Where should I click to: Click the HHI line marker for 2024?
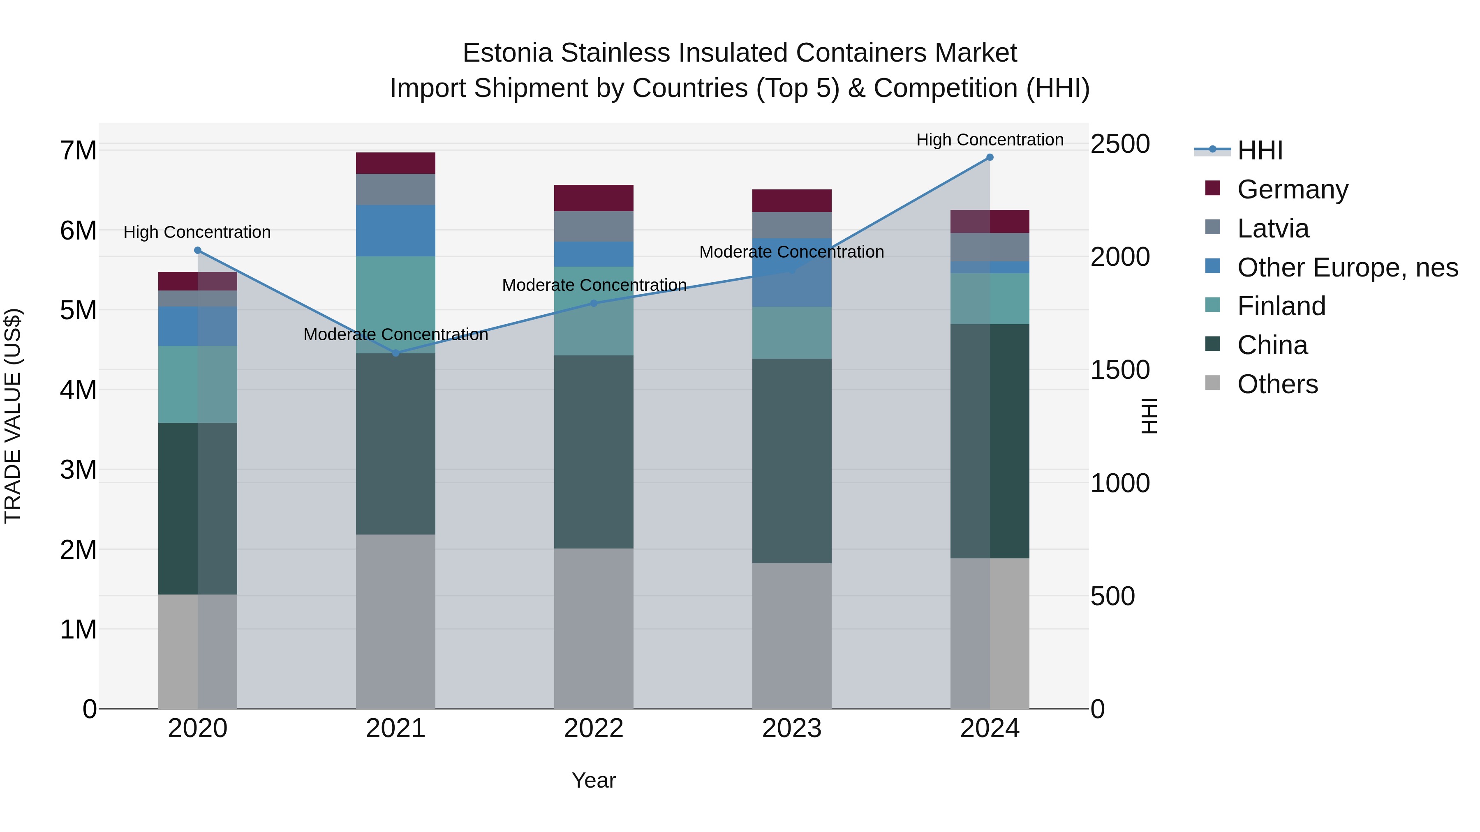tap(990, 157)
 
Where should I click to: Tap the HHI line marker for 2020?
tap(198, 250)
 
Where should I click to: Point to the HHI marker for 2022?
tap(594, 303)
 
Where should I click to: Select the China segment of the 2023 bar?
tap(792, 461)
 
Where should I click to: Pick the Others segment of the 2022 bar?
tap(594, 628)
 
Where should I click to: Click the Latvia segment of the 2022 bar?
tap(594, 226)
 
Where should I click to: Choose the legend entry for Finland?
tap(1281, 306)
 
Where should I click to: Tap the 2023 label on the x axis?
tap(792, 728)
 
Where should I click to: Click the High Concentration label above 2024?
tap(990, 140)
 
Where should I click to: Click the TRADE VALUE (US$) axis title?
tap(13, 416)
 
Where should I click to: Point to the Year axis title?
tap(594, 780)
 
